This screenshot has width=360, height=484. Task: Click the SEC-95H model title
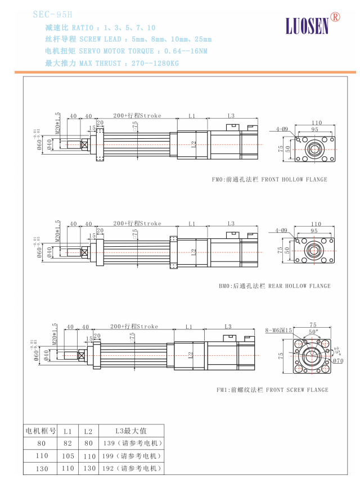(53, 13)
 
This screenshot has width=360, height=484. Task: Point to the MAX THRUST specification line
(111, 64)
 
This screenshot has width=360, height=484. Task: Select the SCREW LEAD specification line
(128, 39)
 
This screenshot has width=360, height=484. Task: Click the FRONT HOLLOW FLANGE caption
(269, 180)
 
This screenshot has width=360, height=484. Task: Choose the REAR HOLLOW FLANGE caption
(274, 286)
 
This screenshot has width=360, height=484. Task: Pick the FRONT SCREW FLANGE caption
(272, 390)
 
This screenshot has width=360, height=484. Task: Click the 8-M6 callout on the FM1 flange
(278, 331)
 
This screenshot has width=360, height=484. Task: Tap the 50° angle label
(312, 333)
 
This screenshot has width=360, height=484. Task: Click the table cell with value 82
(67, 444)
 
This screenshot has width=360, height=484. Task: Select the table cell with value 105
(67, 456)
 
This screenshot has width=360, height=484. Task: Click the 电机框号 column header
(41, 431)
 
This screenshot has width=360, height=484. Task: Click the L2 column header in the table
(88, 431)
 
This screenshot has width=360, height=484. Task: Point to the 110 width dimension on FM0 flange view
(316, 123)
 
